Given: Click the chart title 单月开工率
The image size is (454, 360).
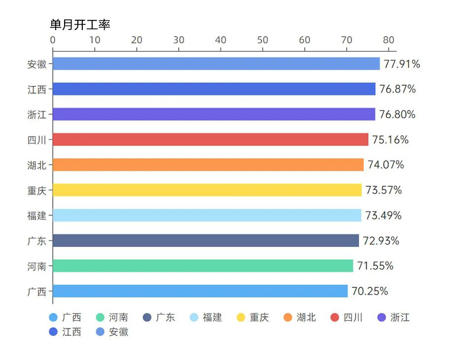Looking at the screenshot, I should point(80,25).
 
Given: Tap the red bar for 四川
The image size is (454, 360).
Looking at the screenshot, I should point(210,140).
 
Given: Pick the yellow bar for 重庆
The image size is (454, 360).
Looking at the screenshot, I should point(207,190).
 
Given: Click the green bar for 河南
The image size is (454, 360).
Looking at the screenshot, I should point(203,266).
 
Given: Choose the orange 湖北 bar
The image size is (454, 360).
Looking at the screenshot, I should point(208,165).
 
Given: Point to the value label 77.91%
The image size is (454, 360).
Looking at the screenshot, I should point(402,64).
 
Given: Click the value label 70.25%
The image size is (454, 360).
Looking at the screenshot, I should point(370,291).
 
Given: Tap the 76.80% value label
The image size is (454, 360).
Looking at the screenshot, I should point(397,114).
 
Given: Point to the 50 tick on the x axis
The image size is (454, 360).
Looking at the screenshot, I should point(263,40).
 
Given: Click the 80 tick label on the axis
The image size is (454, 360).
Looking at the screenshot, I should point(389,40).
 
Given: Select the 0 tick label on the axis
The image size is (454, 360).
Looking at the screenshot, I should point(53,40).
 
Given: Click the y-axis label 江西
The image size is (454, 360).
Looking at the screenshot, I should point(37,89).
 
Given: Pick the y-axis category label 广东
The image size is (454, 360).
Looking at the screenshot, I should point(37,241).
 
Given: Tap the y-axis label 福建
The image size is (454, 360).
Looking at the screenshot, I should point(37,216).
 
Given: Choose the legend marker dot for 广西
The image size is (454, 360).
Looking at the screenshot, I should point(54,318).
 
